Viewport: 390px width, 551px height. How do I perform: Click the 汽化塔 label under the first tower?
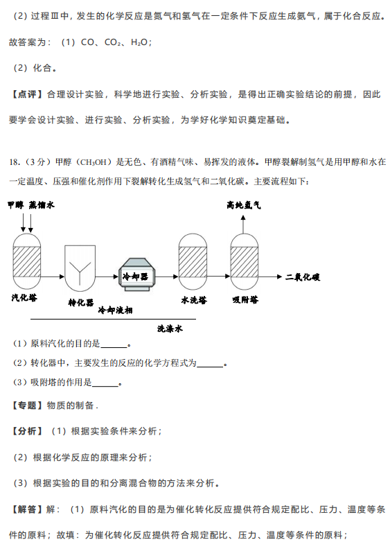click(x=24, y=297)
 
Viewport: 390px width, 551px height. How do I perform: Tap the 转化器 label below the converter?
click(x=81, y=302)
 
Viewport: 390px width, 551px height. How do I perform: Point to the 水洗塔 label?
click(x=194, y=299)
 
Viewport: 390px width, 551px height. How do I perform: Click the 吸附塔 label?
click(x=245, y=299)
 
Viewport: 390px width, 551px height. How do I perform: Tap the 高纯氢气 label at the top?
click(x=243, y=205)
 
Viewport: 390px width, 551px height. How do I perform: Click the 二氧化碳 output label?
click(x=303, y=277)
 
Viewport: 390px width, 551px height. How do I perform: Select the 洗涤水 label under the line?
click(x=170, y=329)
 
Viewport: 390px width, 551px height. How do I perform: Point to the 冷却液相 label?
click(x=115, y=310)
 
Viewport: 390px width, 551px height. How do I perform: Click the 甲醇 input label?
click(x=16, y=205)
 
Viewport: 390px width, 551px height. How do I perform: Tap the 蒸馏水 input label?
click(x=42, y=205)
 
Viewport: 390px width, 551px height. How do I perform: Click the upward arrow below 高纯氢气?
click(x=243, y=224)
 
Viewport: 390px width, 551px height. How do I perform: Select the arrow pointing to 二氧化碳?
click(x=270, y=277)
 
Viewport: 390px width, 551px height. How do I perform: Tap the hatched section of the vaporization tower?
click(x=27, y=261)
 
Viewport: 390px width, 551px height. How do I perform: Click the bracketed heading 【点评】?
click(x=27, y=94)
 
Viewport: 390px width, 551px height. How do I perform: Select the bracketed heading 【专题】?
click(x=27, y=405)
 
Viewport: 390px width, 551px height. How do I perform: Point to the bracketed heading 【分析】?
click(x=27, y=431)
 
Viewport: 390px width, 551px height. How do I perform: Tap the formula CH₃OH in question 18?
click(x=94, y=162)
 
